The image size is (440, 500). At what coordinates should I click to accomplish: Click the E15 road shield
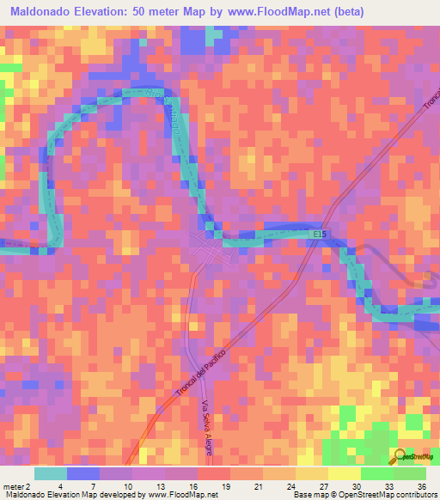coord(321,234)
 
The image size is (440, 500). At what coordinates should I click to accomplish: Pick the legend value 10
coord(127,485)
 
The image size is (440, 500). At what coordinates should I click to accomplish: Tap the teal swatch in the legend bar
coord(51,473)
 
